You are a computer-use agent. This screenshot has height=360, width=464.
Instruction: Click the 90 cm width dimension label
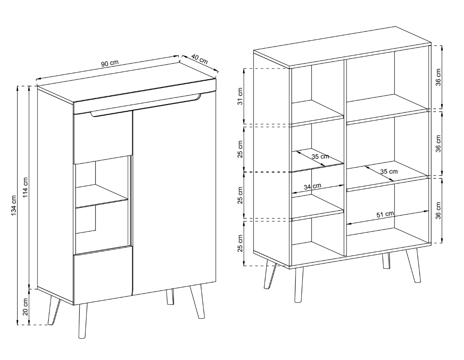pos(110,63)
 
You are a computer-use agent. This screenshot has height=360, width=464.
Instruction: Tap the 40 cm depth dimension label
pos(199,59)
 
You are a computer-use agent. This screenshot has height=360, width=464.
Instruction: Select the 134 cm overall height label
pos(14,205)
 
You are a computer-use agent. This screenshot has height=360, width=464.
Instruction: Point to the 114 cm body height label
pos(25,188)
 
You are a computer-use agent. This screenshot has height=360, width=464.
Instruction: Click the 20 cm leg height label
pos(25,307)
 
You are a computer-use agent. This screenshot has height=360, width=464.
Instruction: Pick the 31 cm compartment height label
pos(240,96)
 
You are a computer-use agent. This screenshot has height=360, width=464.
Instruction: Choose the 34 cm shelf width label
pos(312,186)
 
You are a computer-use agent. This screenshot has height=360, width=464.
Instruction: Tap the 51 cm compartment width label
pos(385,214)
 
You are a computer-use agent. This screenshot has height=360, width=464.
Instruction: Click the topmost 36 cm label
pos(438,77)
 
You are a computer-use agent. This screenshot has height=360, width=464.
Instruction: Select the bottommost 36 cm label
pos(438,210)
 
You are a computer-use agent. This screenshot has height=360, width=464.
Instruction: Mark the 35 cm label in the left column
pos(320,157)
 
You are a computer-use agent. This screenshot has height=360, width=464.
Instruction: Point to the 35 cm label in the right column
pos(389,171)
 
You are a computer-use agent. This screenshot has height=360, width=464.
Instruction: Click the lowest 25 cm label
pos(240,243)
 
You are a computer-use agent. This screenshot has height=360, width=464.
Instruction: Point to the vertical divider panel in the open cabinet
pos(345,157)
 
